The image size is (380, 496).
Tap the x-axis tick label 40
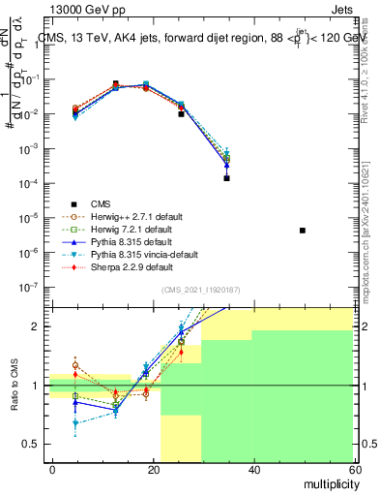coord(253,469)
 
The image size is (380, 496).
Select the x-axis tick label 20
coord(153,469)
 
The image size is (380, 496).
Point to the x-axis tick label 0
coord(52,469)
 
